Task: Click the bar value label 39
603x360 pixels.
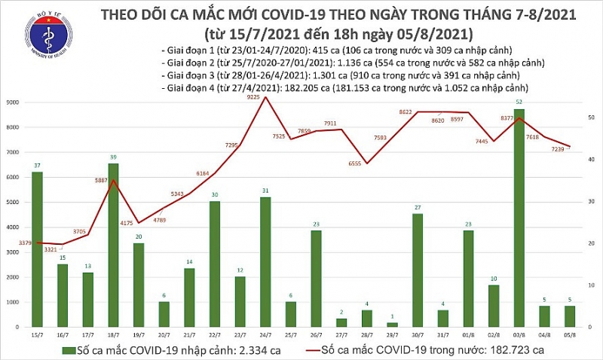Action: coord(113,157)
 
